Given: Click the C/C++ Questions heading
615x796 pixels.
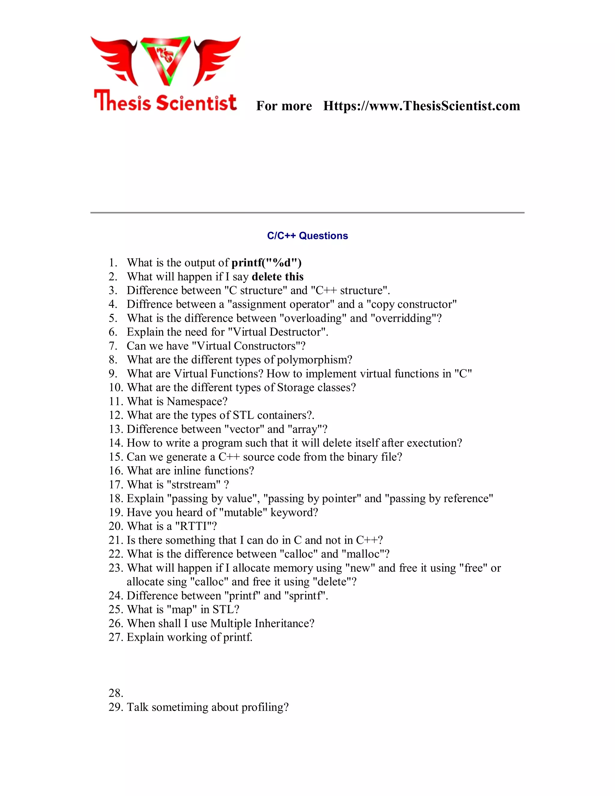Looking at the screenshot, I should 307,236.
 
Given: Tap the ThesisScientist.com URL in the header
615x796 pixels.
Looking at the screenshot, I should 422,106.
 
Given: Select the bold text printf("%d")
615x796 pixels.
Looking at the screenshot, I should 266,263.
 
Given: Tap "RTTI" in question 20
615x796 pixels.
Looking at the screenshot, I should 193,526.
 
